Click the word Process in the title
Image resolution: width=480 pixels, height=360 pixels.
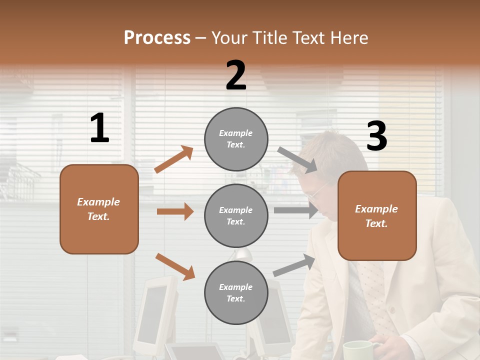point(157,37)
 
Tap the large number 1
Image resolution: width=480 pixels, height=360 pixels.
point(99,128)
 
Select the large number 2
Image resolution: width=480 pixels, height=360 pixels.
point(236,75)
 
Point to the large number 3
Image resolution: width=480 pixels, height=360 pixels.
point(376,136)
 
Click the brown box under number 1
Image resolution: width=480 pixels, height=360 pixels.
point(99,209)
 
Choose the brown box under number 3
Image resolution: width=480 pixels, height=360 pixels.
point(377,216)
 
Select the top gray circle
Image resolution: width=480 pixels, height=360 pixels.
point(236,139)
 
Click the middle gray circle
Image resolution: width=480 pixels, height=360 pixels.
point(236,215)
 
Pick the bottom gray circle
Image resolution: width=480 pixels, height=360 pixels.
point(236,292)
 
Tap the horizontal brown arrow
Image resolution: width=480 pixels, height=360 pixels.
point(175,211)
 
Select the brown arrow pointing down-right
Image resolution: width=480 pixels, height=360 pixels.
point(175,266)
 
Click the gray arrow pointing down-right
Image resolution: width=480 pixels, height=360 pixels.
point(297,159)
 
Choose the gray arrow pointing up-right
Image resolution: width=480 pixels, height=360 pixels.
point(294,265)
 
